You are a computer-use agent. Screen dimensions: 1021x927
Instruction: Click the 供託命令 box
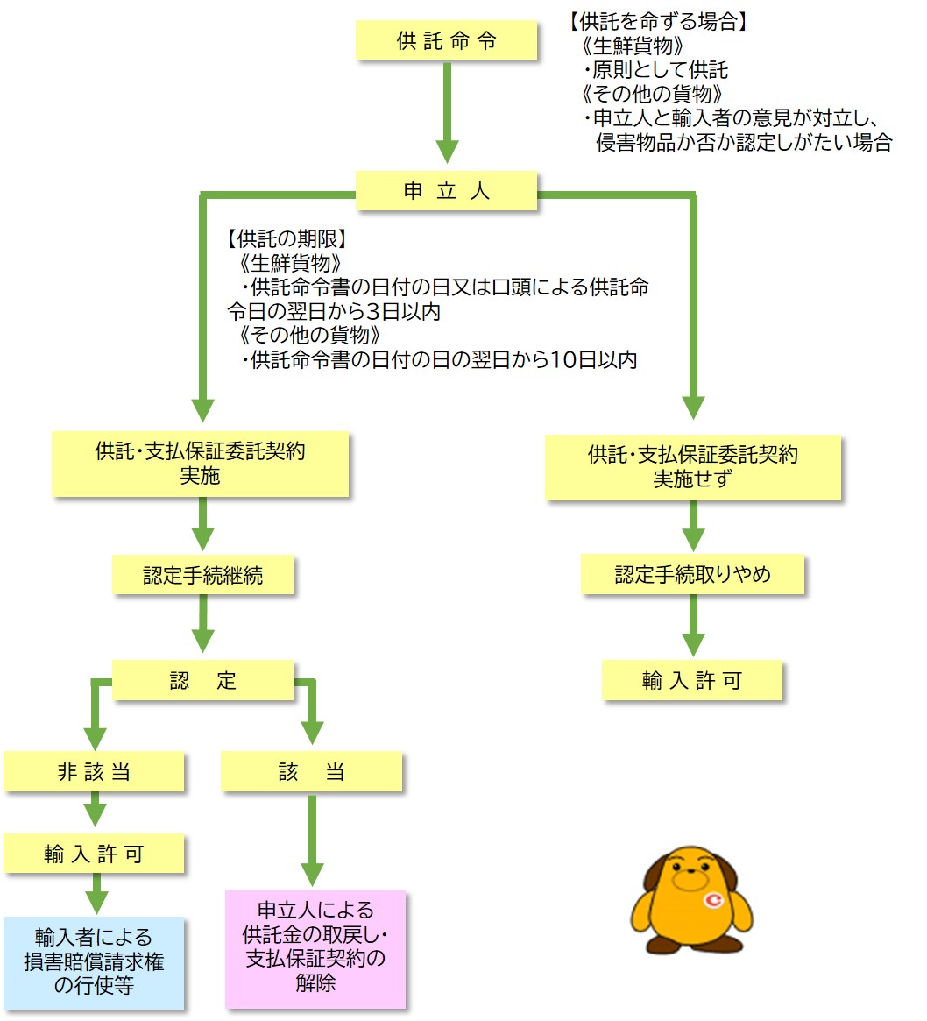coord(446,41)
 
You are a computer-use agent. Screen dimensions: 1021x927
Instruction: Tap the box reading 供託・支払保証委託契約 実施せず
coord(692,466)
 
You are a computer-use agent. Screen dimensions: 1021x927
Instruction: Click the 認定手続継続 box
coord(202,575)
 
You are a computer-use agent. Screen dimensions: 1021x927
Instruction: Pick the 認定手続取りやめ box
coord(692,575)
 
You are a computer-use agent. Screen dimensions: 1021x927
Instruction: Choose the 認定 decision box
coord(202,681)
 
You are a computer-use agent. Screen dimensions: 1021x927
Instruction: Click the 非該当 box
coord(94,772)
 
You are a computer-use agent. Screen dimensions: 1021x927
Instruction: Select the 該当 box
coord(311,772)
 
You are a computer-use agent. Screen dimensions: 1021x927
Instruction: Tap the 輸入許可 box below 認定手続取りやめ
coord(691,681)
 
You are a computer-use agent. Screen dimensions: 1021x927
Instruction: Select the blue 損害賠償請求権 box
coord(94,961)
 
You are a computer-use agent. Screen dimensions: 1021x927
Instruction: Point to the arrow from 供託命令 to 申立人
coord(447,114)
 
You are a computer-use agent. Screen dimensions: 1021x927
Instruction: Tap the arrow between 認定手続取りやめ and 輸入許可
coord(693,627)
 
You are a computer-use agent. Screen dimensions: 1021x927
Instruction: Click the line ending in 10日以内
coord(438,359)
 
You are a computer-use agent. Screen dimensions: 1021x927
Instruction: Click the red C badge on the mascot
coord(714,899)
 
